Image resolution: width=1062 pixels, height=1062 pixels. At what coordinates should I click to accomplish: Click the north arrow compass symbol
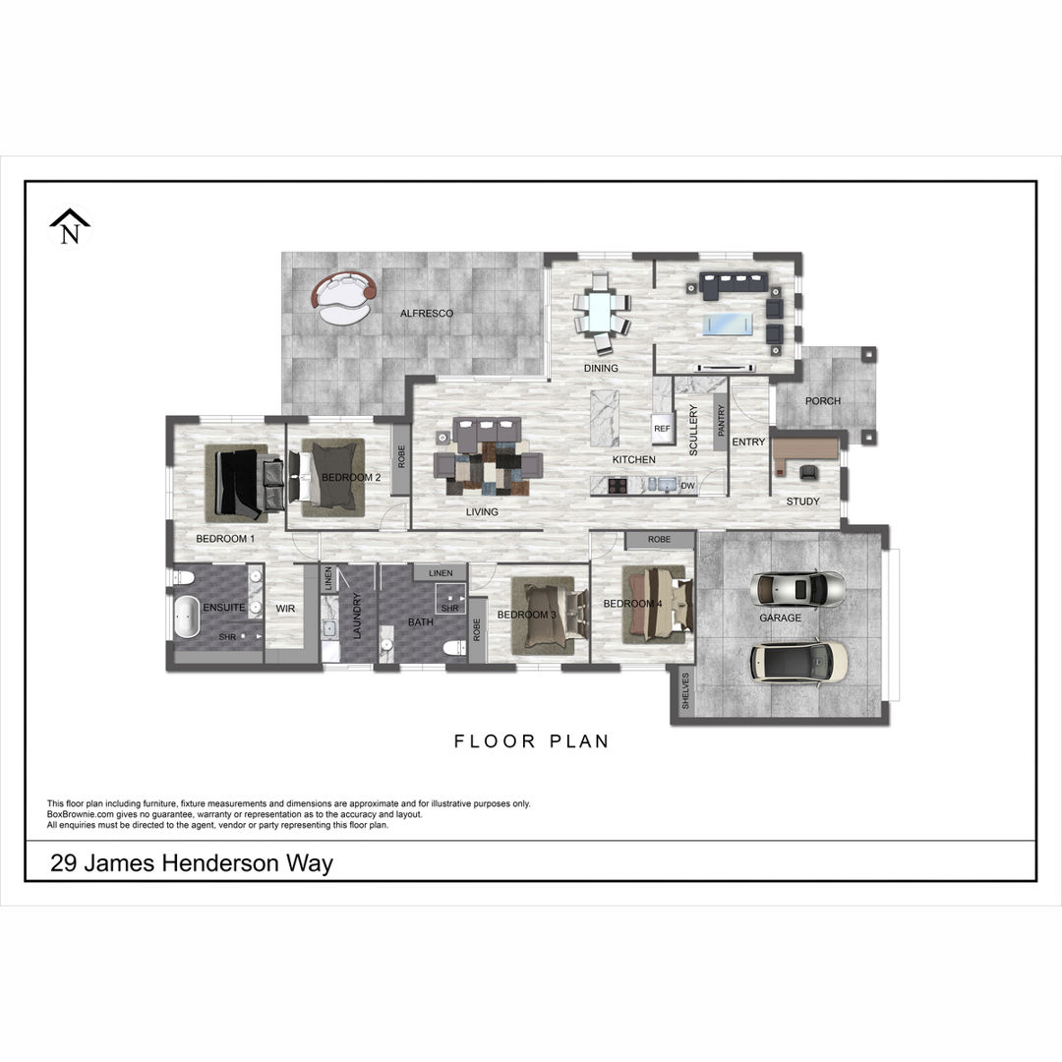(x=70, y=226)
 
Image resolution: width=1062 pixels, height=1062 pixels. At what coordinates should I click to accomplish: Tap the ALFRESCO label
(x=427, y=313)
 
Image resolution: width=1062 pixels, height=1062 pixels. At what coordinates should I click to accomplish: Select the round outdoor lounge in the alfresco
(x=344, y=298)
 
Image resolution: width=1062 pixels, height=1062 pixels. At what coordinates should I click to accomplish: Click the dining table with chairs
(x=601, y=313)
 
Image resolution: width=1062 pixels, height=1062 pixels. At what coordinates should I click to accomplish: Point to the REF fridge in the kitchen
(x=662, y=428)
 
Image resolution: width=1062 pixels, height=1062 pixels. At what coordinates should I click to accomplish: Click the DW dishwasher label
(x=687, y=486)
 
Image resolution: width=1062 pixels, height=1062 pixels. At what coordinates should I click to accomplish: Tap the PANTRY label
(x=721, y=421)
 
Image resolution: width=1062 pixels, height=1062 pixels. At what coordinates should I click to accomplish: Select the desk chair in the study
(x=808, y=472)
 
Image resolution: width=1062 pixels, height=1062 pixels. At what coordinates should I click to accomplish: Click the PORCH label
(x=823, y=401)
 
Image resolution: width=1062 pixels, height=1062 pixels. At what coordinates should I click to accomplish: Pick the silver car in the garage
(x=797, y=589)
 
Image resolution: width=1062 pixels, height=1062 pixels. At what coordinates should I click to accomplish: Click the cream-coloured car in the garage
(x=798, y=661)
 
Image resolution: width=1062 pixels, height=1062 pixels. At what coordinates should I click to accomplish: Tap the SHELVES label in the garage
(x=685, y=691)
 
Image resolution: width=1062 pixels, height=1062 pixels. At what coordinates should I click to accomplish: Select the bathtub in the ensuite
(x=186, y=617)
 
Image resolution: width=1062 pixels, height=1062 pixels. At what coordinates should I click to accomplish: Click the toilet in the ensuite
(x=184, y=578)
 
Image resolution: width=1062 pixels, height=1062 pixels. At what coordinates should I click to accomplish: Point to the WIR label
(x=285, y=609)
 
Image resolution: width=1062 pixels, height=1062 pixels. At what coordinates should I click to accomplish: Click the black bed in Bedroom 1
(x=243, y=482)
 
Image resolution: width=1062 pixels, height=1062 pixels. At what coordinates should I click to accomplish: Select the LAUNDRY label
(x=357, y=616)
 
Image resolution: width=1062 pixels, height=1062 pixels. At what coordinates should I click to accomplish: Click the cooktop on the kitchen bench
(x=617, y=485)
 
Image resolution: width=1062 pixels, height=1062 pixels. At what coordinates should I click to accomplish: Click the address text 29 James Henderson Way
(x=192, y=863)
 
